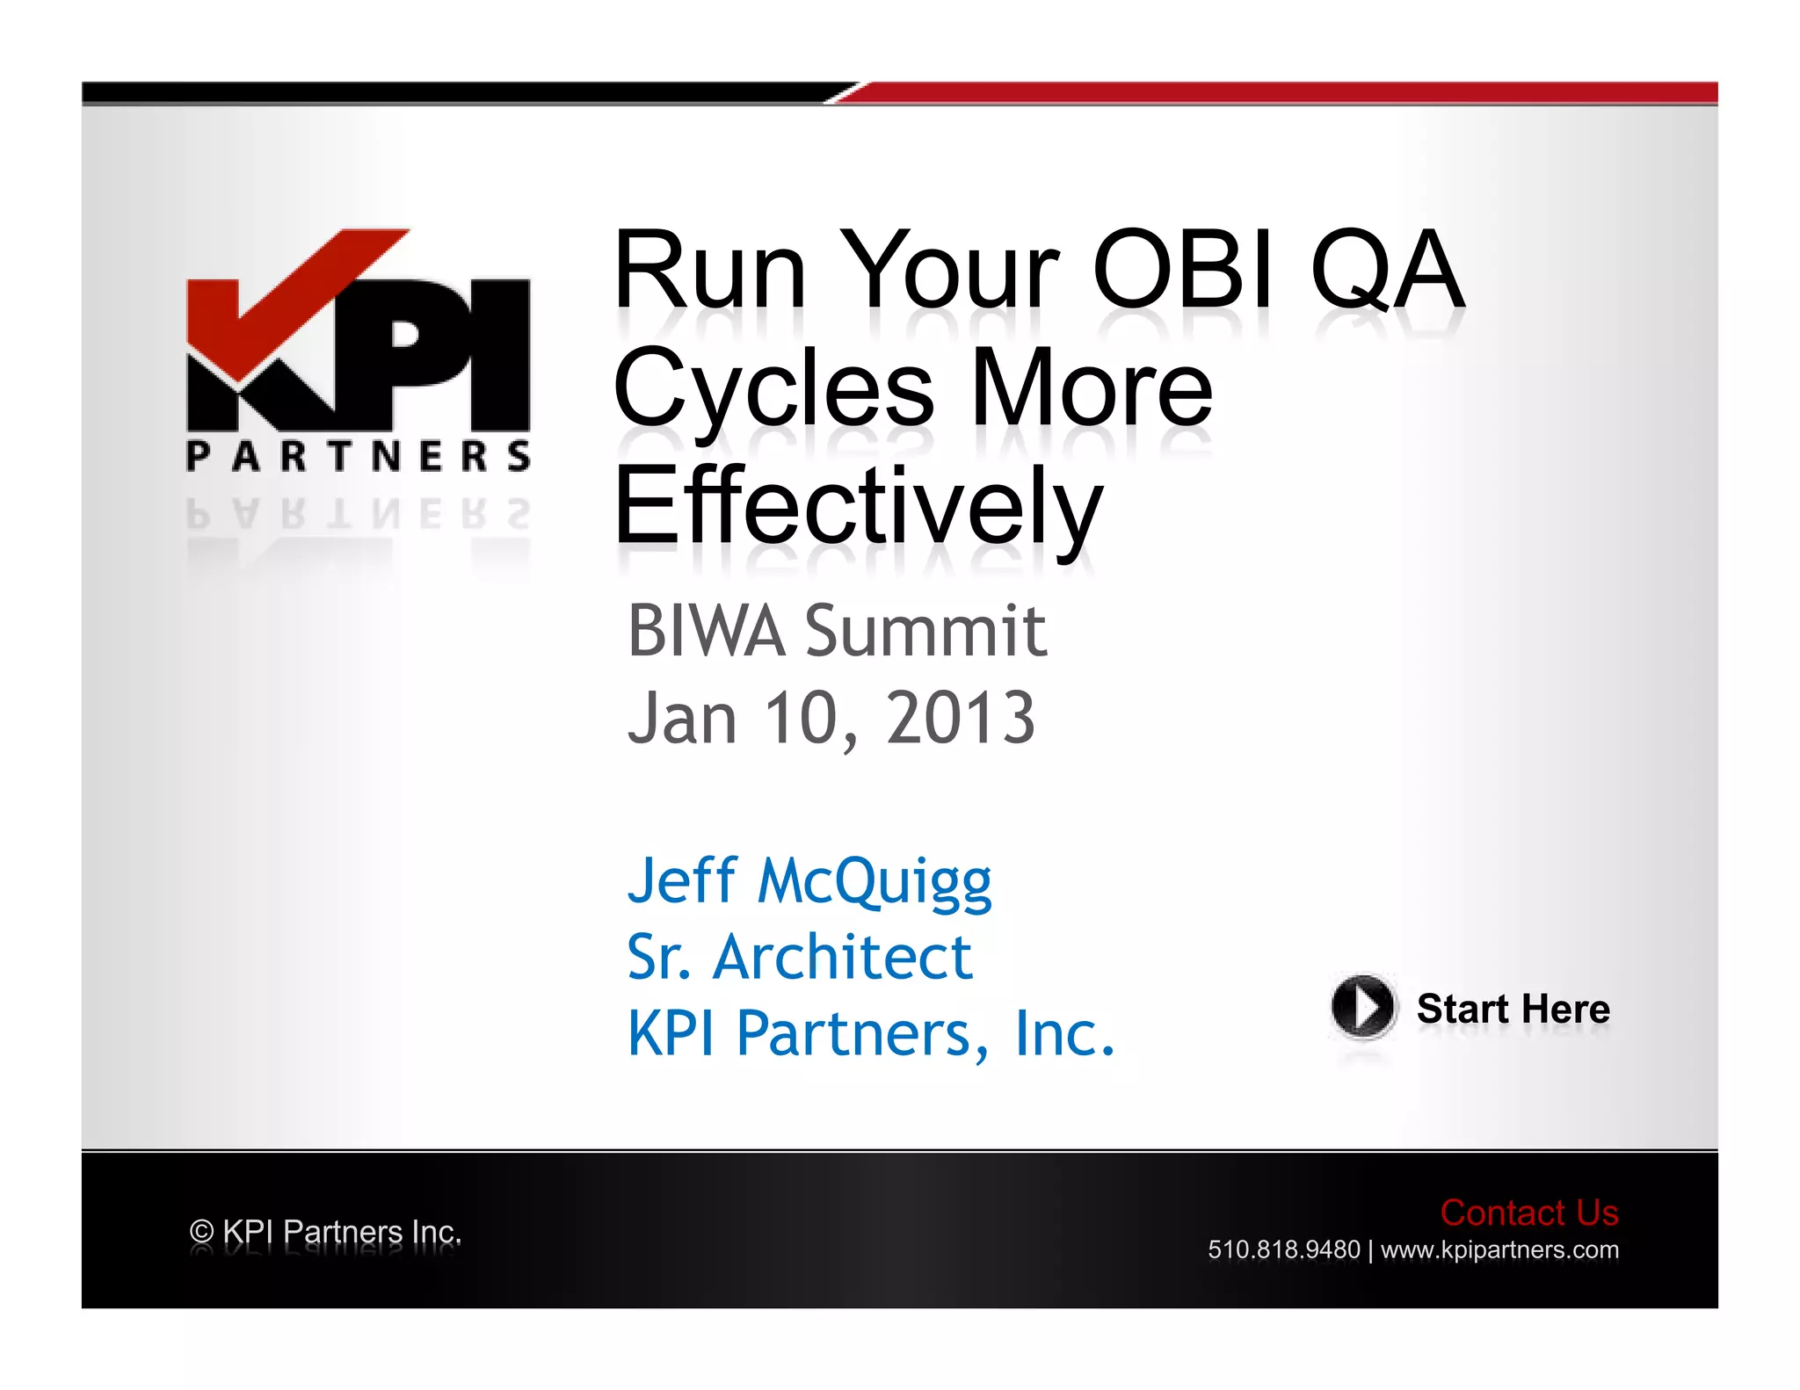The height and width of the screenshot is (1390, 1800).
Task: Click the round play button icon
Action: (x=1361, y=1006)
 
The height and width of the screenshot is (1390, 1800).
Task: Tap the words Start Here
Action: (x=1513, y=1009)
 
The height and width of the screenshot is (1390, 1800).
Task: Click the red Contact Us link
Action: (x=1528, y=1213)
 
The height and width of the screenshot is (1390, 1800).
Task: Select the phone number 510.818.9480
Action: (x=1283, y=1249)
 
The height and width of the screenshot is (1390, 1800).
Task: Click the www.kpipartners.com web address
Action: (x=1499, y=1249)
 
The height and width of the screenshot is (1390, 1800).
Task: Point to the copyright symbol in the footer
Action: (x=201, y=1232)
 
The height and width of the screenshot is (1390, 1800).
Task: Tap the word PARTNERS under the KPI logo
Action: (x=358, y=456)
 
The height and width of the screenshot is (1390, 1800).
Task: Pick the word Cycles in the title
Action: (x=773, y=388)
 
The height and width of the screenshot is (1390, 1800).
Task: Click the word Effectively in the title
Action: (x=857, y=507)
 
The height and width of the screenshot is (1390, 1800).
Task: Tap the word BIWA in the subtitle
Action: (x=706, y=631)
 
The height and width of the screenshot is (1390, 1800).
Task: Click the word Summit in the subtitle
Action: (x=925, y=631)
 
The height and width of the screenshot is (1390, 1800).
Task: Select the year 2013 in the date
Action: (x=961, y=718)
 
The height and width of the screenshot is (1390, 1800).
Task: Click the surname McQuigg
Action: (x=875, y=881)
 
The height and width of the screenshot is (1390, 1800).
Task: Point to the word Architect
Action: (x=842, y=957)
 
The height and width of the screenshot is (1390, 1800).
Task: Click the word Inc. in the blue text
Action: (x=1063, y=1033)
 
